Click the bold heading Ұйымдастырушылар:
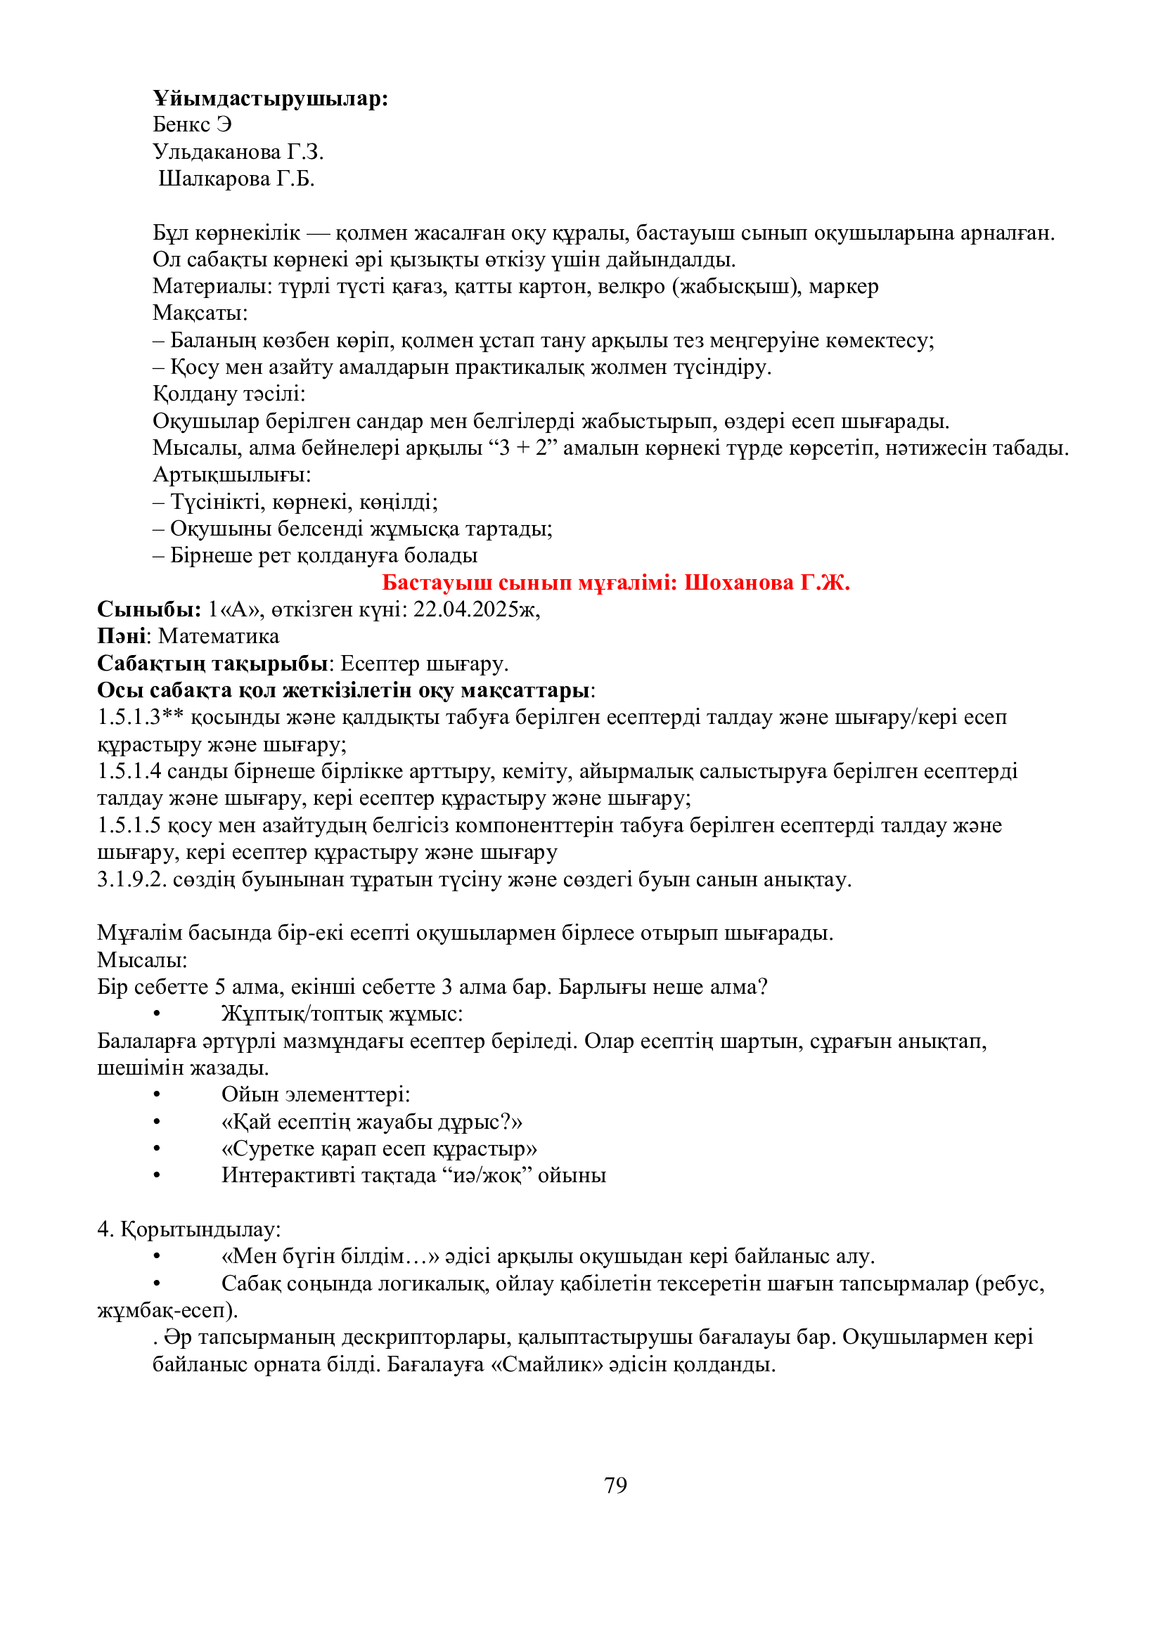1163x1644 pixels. [x=270, y=98]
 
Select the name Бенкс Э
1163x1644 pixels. [x=192, y=124]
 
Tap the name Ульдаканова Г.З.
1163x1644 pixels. [x=238, y=152]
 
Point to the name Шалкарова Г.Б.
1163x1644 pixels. [x=236, y=179]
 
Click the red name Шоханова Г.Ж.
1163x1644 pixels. [x=766, y=582]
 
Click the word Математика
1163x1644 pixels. [x=219, y=636]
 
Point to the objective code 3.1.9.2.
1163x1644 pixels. [x=131, y=879]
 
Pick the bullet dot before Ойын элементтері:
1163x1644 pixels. [x=156, y=1095]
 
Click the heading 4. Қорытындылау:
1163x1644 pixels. [x=189, y=1229]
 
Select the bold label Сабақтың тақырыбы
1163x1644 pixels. [x=212, y=663]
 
